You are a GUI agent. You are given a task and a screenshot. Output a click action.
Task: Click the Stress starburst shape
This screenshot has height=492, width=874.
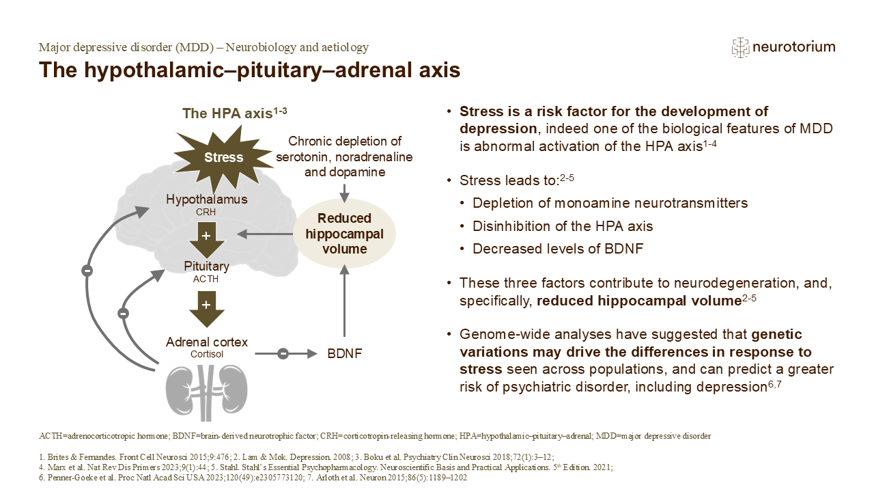click(223, 157)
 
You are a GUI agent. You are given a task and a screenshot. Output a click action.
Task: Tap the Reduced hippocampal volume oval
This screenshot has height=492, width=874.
click(344, 234)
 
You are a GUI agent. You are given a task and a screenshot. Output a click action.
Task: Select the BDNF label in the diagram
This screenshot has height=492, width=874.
click(343, 354)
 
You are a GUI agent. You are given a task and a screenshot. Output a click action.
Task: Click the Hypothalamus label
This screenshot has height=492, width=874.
click(207, 200)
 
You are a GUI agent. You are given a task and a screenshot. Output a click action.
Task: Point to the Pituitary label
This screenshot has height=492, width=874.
click(206, 265)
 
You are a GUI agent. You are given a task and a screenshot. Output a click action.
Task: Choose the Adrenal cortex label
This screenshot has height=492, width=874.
click(207, 342)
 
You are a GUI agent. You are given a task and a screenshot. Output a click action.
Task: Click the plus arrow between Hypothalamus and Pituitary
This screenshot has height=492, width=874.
click(206, 236)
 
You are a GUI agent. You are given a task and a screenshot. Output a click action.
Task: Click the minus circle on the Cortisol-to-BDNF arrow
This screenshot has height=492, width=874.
click(283, 354)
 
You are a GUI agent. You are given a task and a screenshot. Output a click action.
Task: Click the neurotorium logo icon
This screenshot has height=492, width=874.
click(740, 47)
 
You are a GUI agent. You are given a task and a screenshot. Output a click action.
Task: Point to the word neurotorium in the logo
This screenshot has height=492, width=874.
click(794, 47)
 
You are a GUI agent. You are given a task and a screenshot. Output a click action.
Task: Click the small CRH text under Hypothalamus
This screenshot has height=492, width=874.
click(206, 213)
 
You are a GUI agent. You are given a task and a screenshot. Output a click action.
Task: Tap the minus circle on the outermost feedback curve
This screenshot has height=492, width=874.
click(87, 271)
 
